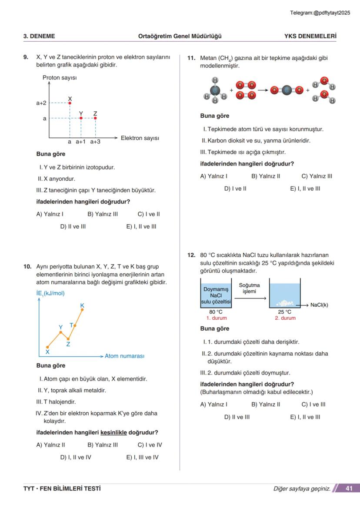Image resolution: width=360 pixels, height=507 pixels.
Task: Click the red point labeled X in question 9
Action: (70, 103)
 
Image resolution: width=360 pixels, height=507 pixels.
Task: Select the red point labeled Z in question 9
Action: (95, 118)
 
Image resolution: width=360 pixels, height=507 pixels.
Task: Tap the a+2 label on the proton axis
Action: (41, 103)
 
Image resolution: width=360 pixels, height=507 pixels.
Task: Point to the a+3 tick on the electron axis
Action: (95, 142)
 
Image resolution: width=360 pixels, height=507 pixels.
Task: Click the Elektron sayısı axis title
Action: (140, 138)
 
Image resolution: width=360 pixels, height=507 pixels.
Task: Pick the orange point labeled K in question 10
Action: (82, 310)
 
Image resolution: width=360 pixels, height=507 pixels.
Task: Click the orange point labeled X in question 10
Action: (47, 347)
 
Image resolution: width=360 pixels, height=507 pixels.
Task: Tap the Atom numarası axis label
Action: (124, 356)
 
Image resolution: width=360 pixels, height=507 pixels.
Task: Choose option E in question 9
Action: (141, 226)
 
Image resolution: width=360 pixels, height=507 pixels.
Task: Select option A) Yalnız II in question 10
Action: (50, 445)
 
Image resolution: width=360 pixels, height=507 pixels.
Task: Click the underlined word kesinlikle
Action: (114, 433)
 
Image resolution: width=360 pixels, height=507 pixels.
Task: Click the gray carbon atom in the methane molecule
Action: (215, 90)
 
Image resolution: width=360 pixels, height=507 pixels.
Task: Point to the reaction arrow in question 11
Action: (263, 90)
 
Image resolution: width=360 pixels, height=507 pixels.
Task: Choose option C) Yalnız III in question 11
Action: (317, 176)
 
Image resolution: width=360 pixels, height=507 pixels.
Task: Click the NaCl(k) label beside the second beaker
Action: (319, 305)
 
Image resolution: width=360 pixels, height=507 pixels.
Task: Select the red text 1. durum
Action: (217, 318)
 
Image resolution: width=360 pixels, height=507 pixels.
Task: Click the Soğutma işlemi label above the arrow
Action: (250, 288)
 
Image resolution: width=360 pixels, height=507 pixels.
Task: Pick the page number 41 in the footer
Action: (349, 488)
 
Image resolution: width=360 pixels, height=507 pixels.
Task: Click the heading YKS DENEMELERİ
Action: (310, 36)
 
